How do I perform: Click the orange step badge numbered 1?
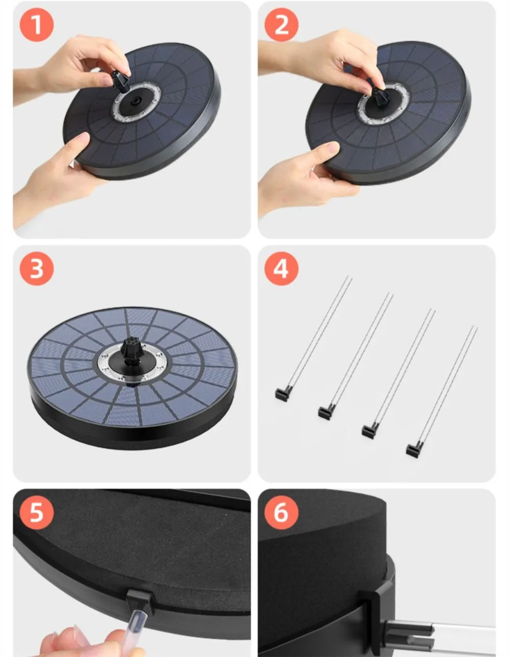(37, 25)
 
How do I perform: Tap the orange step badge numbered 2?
(281, 25)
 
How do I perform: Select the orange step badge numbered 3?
(37, 268)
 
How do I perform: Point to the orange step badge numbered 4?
(281, 268)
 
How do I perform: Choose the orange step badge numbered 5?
(37, 512)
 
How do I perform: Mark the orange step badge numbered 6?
(281, 512)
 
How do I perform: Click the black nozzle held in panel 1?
(121, 82)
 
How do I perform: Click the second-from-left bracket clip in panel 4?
(326, 412)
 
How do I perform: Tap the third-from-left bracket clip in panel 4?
(369, 431)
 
